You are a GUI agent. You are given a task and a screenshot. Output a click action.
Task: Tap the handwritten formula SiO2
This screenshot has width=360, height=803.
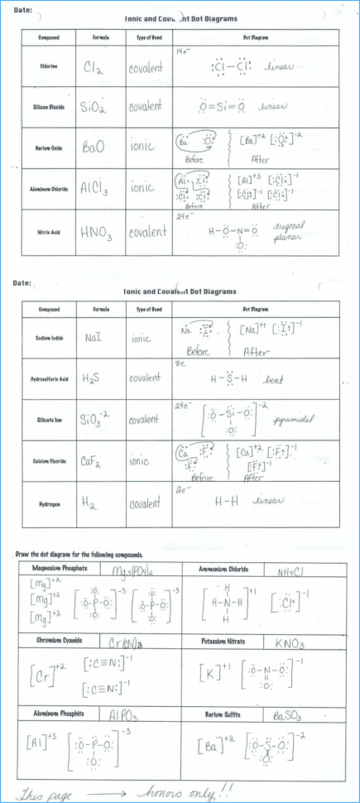94,108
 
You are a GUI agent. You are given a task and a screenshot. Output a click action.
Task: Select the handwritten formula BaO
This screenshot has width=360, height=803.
93,146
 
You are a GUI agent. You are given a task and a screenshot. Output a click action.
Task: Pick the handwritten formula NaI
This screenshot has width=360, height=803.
94,339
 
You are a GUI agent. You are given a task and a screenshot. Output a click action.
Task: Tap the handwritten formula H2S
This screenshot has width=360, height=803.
93,378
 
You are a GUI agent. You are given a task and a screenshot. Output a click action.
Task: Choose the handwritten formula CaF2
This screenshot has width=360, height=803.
94,460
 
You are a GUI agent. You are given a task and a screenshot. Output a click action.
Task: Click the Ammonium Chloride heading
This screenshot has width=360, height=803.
223,569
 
